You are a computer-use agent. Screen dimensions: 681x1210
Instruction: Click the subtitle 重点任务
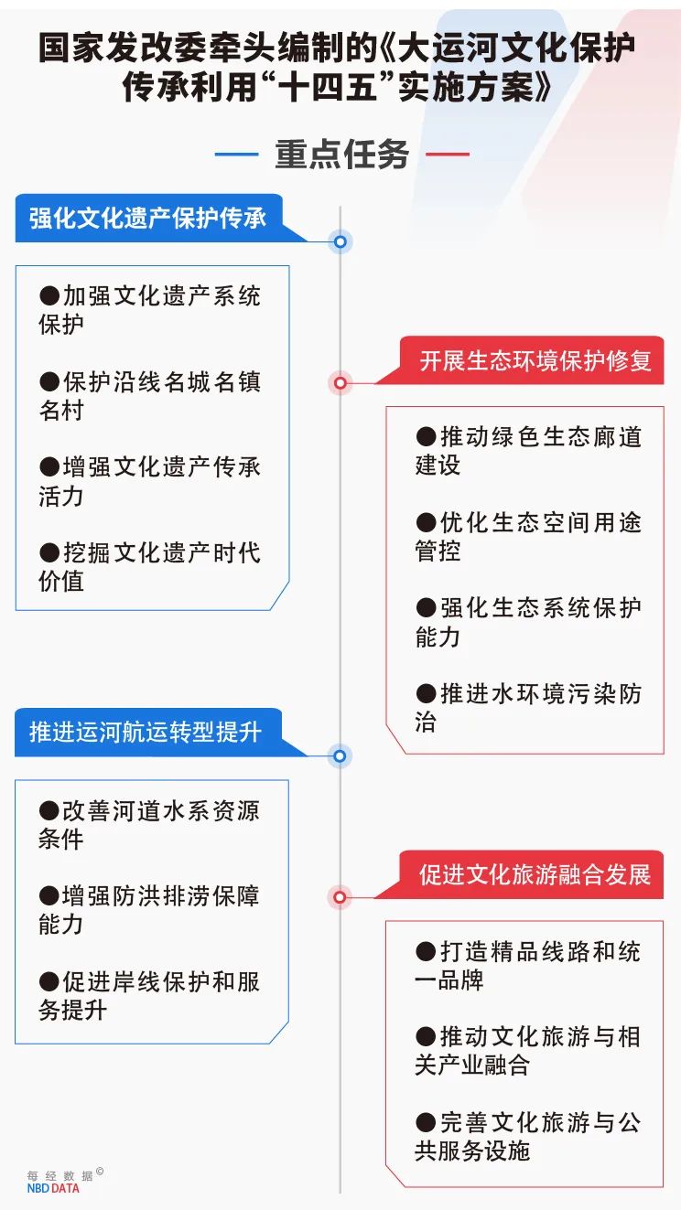(341, 155)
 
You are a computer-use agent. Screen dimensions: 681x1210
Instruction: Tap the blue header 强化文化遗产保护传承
(147, 219)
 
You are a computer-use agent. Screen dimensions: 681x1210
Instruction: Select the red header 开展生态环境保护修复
(535, 360)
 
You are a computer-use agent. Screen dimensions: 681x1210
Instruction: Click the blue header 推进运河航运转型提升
(146, 732)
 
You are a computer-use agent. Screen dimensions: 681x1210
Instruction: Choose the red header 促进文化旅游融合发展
(535, 874)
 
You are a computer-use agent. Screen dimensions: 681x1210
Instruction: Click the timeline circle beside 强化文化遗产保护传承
(340, 241)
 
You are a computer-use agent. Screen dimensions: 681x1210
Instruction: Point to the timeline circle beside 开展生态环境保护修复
(340, 383)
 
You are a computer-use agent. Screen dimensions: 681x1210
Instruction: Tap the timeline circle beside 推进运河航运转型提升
(340, 755)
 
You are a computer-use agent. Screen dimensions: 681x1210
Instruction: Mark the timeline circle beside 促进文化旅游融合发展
(340, 897)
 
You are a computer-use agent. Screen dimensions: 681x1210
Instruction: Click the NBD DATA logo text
(53, 1188)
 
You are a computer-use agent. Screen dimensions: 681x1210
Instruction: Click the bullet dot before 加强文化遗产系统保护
(49, 296)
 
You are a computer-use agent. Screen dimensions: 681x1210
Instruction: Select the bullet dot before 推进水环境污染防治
(426, 694)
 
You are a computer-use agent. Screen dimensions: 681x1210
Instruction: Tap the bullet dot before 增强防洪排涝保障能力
(49, 896)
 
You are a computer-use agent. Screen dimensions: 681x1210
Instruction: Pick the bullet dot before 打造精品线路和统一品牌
(426, 952)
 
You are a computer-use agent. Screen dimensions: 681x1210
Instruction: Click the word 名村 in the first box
(61, 411)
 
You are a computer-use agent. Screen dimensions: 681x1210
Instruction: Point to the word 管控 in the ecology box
(438, 551)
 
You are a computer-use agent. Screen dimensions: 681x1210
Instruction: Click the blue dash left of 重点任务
(237, 154)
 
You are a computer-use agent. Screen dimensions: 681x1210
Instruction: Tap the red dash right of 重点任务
(448, 154)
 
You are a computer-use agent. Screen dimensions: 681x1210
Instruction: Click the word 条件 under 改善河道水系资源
(60, 840)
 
